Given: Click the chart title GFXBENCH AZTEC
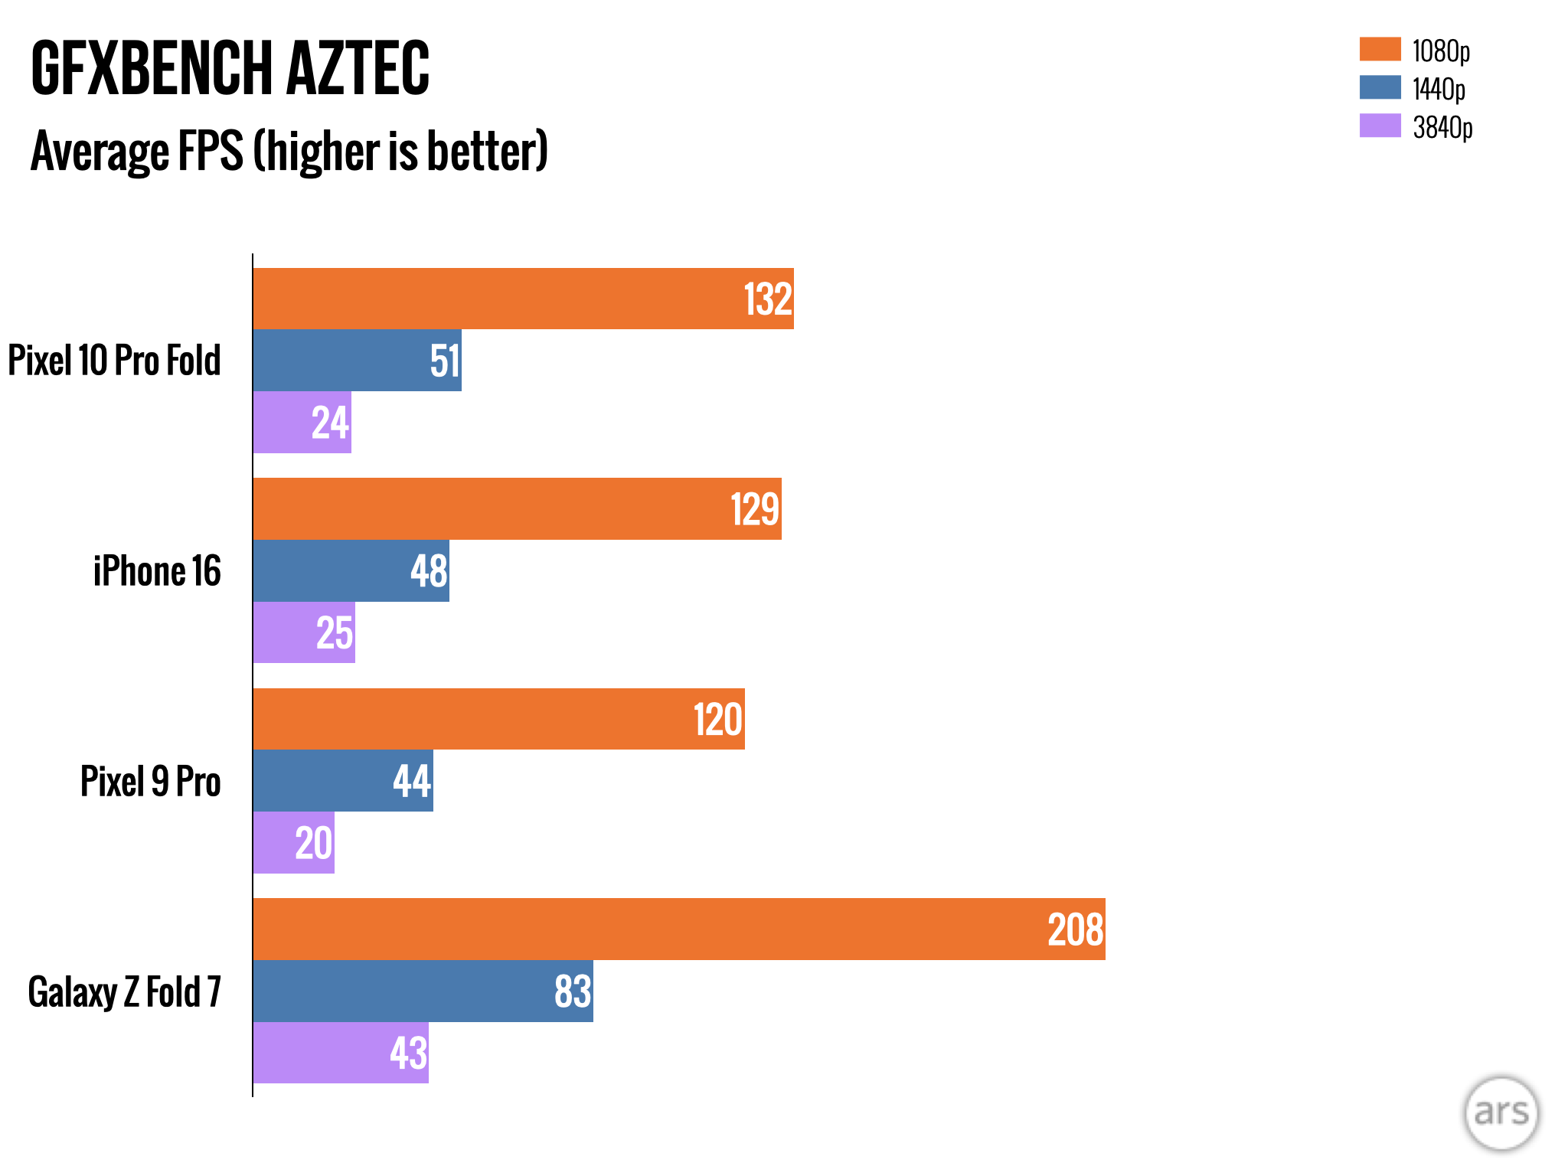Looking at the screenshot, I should pos(230,69).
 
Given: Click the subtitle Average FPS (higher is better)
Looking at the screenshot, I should pos(289,151).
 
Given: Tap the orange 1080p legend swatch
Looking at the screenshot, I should pos(1380,49).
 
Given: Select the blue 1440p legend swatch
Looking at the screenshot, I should pos(1380,87).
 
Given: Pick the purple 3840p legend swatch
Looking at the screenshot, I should pos(1380,126).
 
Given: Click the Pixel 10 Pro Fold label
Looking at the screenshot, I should pos(115,360).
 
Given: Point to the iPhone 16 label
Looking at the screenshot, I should pos(157,571).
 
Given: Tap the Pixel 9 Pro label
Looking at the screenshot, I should pos(151,782).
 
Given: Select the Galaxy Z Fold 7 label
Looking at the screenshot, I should pos(125,992).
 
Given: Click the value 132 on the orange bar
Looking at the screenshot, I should pos(768,299).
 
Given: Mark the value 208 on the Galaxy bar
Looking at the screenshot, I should pos(1076,930).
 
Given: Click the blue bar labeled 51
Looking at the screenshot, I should pos(357,361).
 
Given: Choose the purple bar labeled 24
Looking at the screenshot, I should pos(302,423).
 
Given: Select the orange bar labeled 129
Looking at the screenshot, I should pos(517,509).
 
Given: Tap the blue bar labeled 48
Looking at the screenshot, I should pos(351,571).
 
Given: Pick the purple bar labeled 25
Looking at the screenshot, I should pos(304,633).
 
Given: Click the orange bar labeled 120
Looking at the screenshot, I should pos(498,720).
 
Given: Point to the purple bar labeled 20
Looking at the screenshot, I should pos(293,843).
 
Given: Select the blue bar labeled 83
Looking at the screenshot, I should pos(423,991).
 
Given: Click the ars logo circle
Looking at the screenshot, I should pos(1501,1113).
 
